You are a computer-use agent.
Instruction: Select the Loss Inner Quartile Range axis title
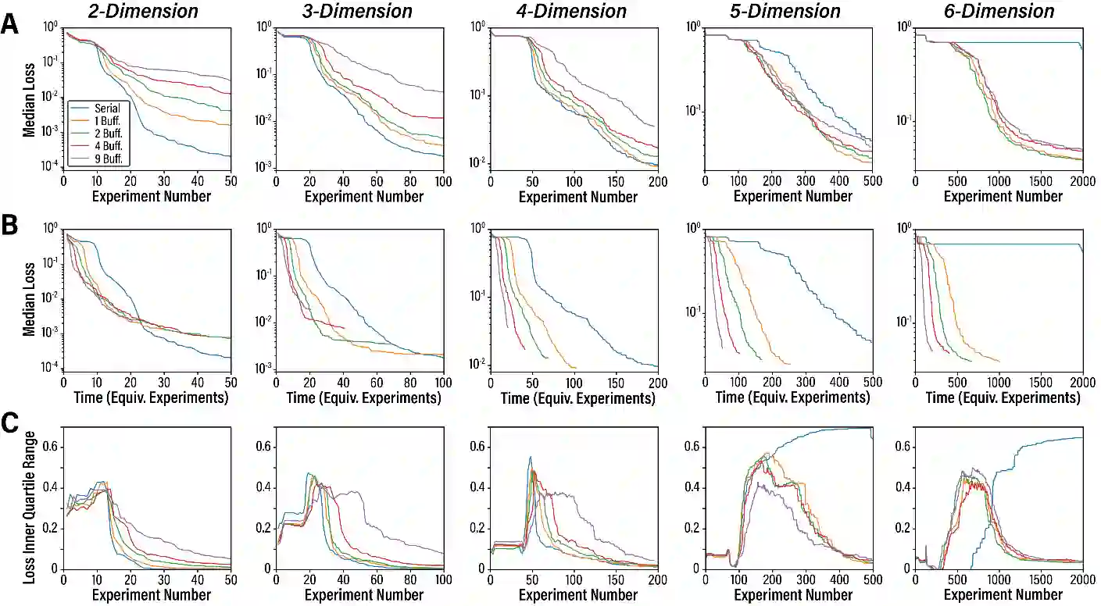click(29, 499)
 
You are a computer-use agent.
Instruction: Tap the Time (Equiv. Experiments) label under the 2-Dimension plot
click(146, 397)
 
